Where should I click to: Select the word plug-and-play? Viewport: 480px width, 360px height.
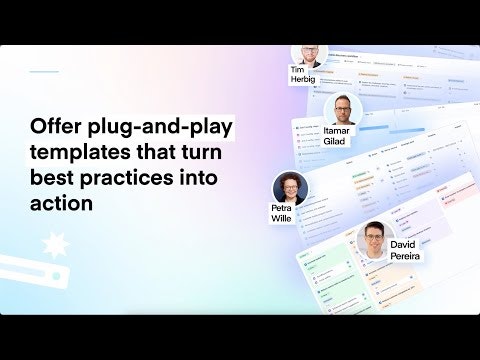tap(158, 129)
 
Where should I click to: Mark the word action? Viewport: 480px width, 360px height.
tap(62, 204)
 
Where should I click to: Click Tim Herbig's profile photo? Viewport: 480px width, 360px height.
tap(309, 52)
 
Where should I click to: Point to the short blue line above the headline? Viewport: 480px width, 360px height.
tap(44, 72)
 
